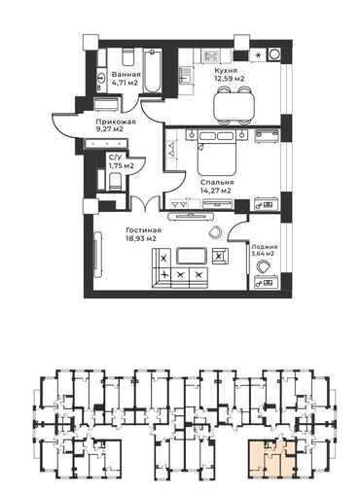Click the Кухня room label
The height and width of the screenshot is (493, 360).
coord(226,70)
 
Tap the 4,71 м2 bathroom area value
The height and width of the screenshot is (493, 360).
coord(125,83)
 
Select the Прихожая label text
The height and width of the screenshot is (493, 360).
coord(116,122)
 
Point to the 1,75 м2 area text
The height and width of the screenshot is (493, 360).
coord(122,166)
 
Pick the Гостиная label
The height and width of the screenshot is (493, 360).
coord(144,230)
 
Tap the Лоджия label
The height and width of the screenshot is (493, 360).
coord(265,247)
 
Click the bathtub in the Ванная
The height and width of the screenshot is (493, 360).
coord(152,71)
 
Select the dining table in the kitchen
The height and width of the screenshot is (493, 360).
coord(234,106)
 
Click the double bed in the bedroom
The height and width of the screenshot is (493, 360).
coord(217,153)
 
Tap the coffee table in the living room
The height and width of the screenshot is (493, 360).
coord(192,256)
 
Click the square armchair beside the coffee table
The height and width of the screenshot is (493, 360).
coord(220,256)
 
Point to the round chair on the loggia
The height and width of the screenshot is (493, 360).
coord(264,267)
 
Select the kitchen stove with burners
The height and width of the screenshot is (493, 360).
coord(210,56)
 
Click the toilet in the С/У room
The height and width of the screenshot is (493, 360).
coord(115,182)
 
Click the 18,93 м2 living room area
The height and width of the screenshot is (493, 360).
coord(141,239)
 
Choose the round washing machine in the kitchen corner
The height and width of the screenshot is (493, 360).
coord(275,54)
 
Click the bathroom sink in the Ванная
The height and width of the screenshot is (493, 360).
coord(101,78)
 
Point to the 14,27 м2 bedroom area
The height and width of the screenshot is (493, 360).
coord(216,191)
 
